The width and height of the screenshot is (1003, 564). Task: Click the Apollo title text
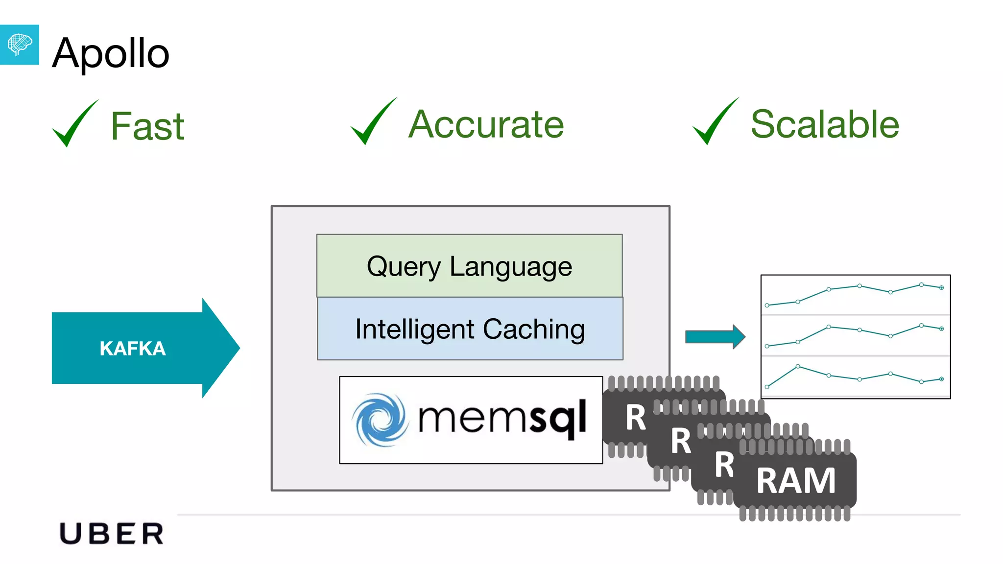111,53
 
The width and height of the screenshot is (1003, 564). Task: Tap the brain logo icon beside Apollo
19,45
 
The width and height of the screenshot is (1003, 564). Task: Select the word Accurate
486,124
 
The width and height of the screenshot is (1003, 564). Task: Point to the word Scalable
825,124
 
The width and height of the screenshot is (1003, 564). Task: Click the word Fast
147,126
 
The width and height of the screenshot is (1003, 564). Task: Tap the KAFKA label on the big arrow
132,349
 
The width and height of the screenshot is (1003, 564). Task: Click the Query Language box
469,266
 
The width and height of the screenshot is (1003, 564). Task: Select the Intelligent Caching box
470,329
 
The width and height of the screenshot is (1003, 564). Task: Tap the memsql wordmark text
502,418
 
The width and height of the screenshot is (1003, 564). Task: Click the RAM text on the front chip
795,481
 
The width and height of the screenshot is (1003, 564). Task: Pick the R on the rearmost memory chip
635,418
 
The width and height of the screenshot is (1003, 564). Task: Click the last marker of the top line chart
941,288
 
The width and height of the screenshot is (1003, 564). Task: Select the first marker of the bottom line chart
767,387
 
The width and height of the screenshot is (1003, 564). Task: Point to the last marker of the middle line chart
941,329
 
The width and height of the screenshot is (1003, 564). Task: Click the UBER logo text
112,534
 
